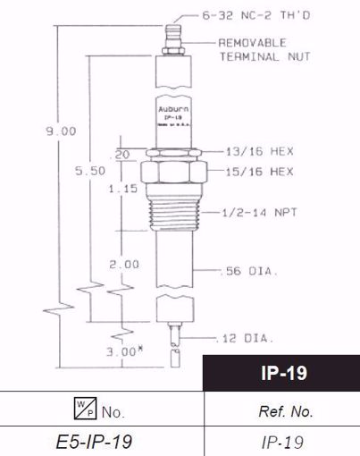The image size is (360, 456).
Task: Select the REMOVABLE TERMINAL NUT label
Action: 264,48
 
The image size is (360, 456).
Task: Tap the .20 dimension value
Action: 122,154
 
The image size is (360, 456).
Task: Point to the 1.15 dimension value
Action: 122,189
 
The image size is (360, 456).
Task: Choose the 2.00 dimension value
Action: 123,265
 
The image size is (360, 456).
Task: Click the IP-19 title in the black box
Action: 281,372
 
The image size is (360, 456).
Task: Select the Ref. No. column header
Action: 281,412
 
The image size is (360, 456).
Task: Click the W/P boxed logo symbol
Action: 73,411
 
